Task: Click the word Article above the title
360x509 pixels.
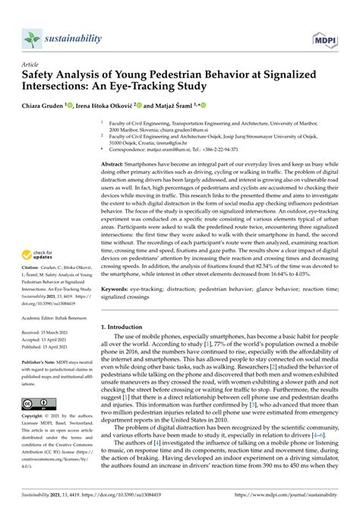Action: pos(30,66)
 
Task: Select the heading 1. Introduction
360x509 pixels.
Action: pos(126,327)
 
